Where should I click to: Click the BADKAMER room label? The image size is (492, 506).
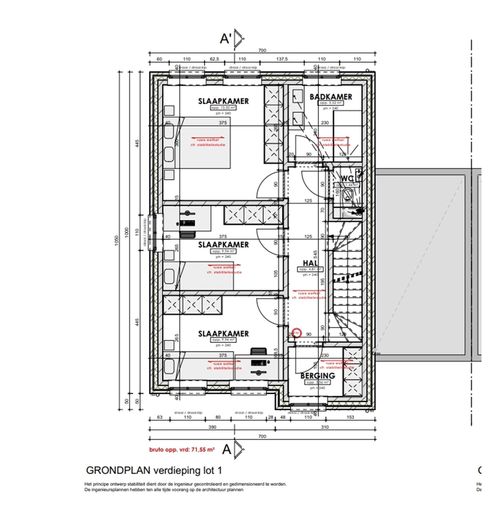click(331, 97)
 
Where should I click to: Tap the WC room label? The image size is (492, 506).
click(347, 179)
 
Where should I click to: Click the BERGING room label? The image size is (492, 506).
click(317, 376)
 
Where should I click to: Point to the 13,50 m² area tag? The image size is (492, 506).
click(223, 108)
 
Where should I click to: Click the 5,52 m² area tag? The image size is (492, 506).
click(331, 103)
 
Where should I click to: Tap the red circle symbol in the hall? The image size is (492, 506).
click(296, 333)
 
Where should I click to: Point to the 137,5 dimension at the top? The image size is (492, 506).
click(282, 59)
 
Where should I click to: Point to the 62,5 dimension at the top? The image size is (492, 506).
click(214, 59)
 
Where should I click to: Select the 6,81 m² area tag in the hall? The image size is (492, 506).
click(310, 270)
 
